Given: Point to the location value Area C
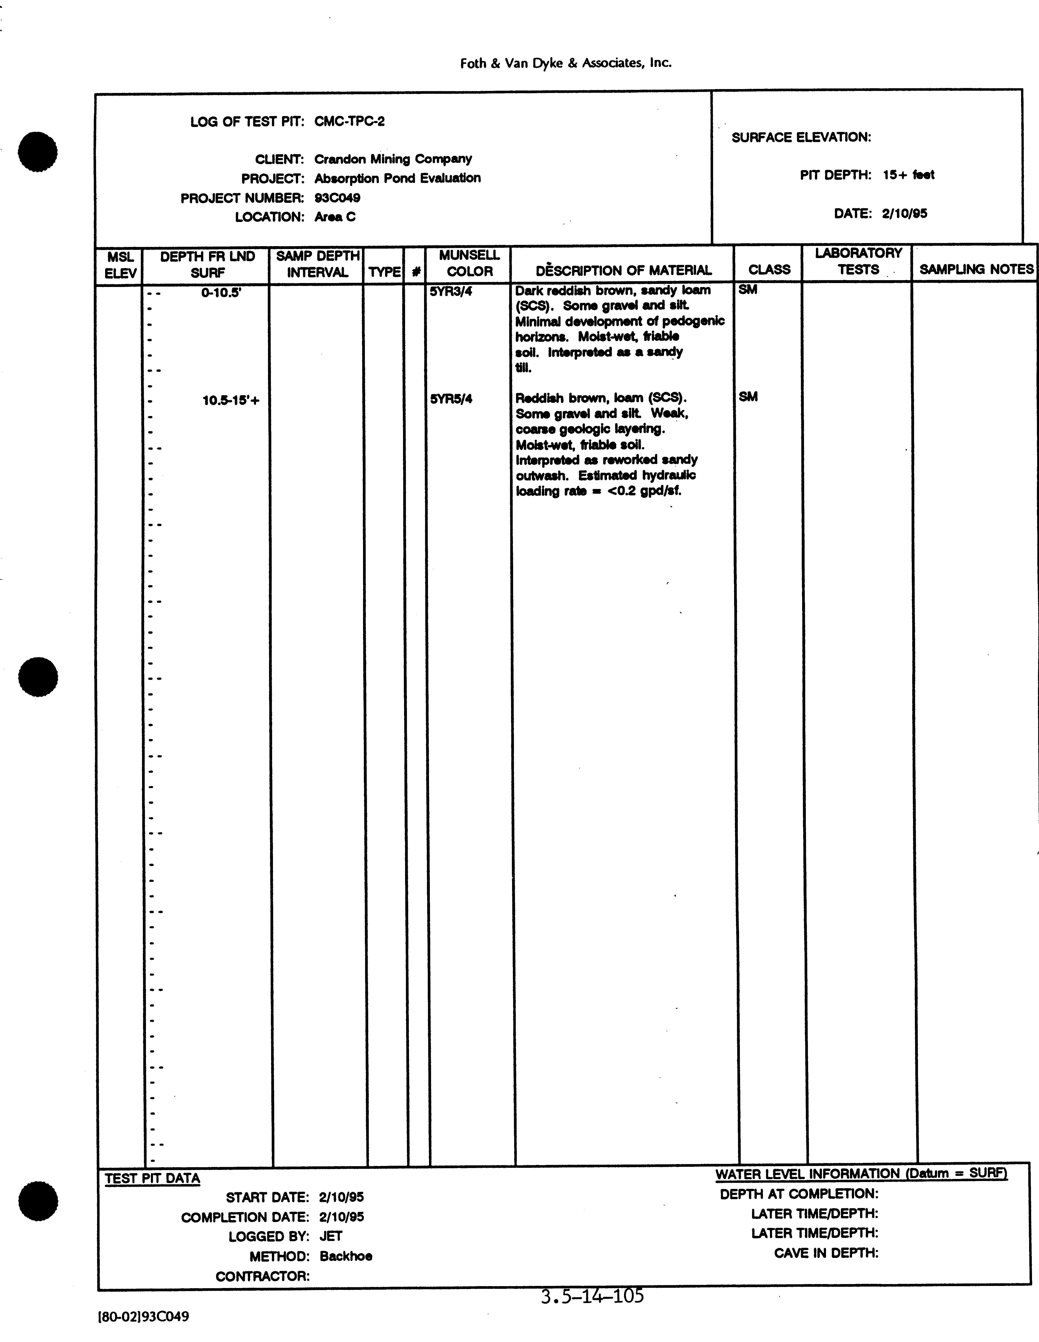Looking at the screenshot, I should coord(335,217).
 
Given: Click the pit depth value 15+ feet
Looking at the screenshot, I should coord(908,175).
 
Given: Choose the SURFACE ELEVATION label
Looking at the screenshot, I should coord(801,138).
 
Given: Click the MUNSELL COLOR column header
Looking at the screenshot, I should coord(469,263).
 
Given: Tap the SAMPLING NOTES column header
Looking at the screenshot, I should coord(976,269).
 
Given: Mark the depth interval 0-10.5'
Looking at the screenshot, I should coord(221,293).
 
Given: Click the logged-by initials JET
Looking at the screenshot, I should coord(331,1236).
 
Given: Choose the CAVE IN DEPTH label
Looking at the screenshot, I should coord(826,1253).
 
